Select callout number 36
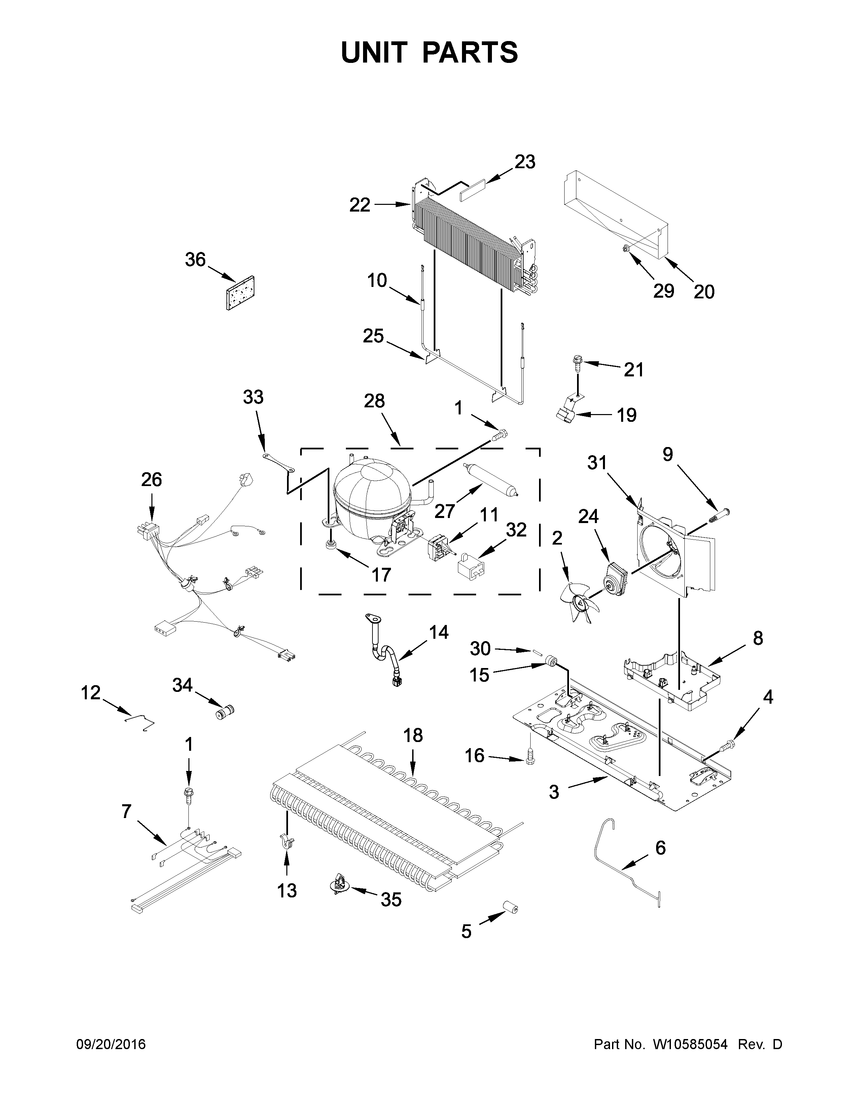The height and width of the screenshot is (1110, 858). coord(195,260)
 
